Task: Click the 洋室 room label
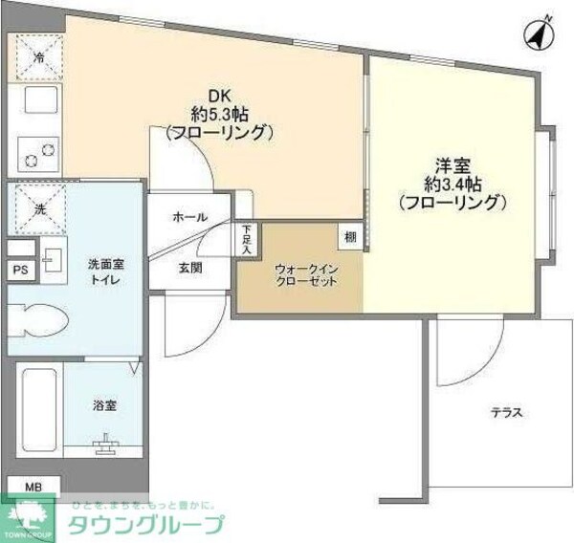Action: [452, 164]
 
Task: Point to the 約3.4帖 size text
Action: [452, 184]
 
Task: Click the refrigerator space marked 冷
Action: [39, 57]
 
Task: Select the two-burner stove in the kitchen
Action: [38, 151]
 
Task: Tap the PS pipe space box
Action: [19, 271]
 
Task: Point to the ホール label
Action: [189, 218]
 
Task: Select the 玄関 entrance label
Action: [189, 269]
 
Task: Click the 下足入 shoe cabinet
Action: [247, 235]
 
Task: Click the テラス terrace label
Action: [506, 412]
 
